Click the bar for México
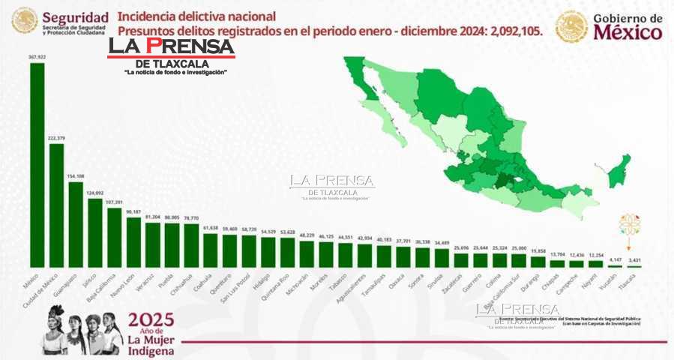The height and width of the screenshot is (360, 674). click(37, 165)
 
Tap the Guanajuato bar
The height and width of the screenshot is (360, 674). click(76, 224)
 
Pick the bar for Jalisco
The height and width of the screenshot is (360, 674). click(95, 232)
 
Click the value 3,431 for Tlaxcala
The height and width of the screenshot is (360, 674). click(634, 259)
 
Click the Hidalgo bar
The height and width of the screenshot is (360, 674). click(268, 253)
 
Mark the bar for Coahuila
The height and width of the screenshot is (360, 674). click(211, 250)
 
